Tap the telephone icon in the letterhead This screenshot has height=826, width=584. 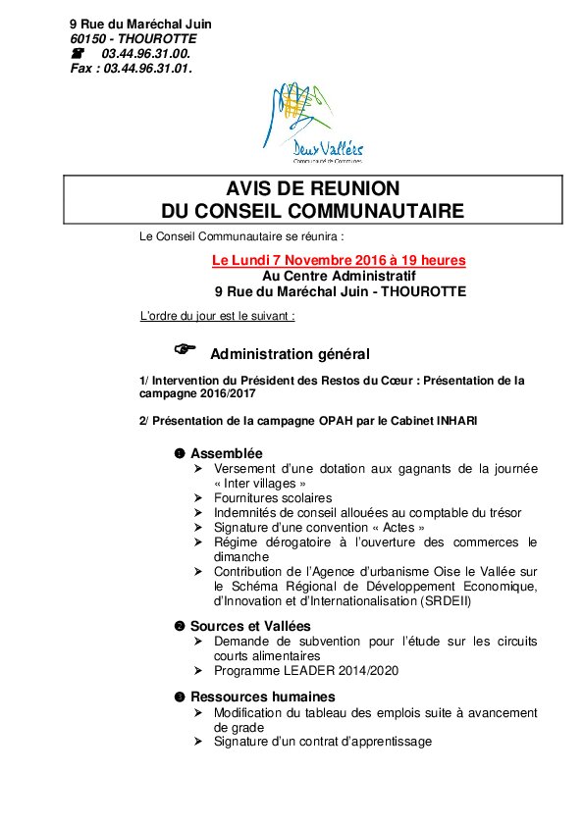(80, 52)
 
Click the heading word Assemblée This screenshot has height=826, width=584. (226, 453)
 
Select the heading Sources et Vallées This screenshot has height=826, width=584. (249, 626)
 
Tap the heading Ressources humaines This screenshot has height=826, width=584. (255, 697)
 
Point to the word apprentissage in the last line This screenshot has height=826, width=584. (390, 742)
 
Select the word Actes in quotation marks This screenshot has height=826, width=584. (397, 528)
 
